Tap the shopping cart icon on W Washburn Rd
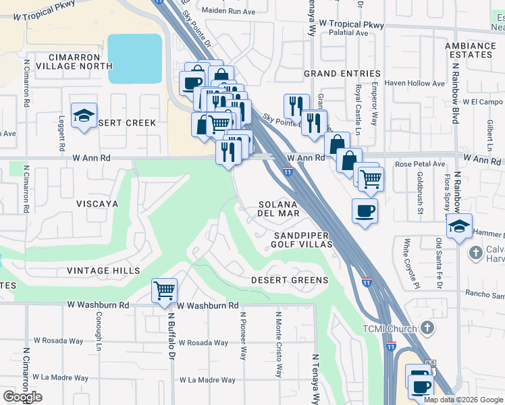[x=165, y=291]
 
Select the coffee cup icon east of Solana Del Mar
[x=365, y=211]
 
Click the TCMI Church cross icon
[x=426, y=328]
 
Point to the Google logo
[x=22, y=397]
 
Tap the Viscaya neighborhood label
[x=97, y=203]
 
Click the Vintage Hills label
[x=103, y=271]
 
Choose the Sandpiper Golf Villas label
[x=301, y=240]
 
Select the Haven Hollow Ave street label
[x=415, y=84]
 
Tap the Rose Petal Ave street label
[x=420, y=164]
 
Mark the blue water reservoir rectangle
[x=135, y=59]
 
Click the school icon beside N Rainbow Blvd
[x=459, y=227]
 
